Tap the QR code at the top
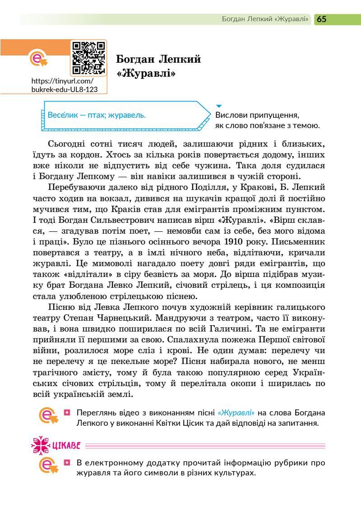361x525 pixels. (x=88, y=57)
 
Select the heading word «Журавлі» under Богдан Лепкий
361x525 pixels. (x=146, y=72)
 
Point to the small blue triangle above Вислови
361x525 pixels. (x=219, y=106)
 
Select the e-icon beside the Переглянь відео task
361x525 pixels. (x=49, y=418)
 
